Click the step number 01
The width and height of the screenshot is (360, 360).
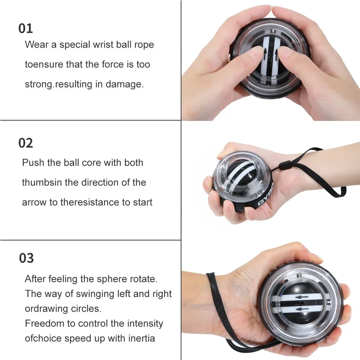pyautogui.click(x=26, y=28)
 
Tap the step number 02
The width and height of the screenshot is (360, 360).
pyautogui.click(x=26, y=143)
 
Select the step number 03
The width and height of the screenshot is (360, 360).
pyautogui.click(x=26, y=258)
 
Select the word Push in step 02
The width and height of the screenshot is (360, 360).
pyautogui.click(x=31, y=162)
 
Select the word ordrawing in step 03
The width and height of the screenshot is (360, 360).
pyautogui.click(x=46, y=309)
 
